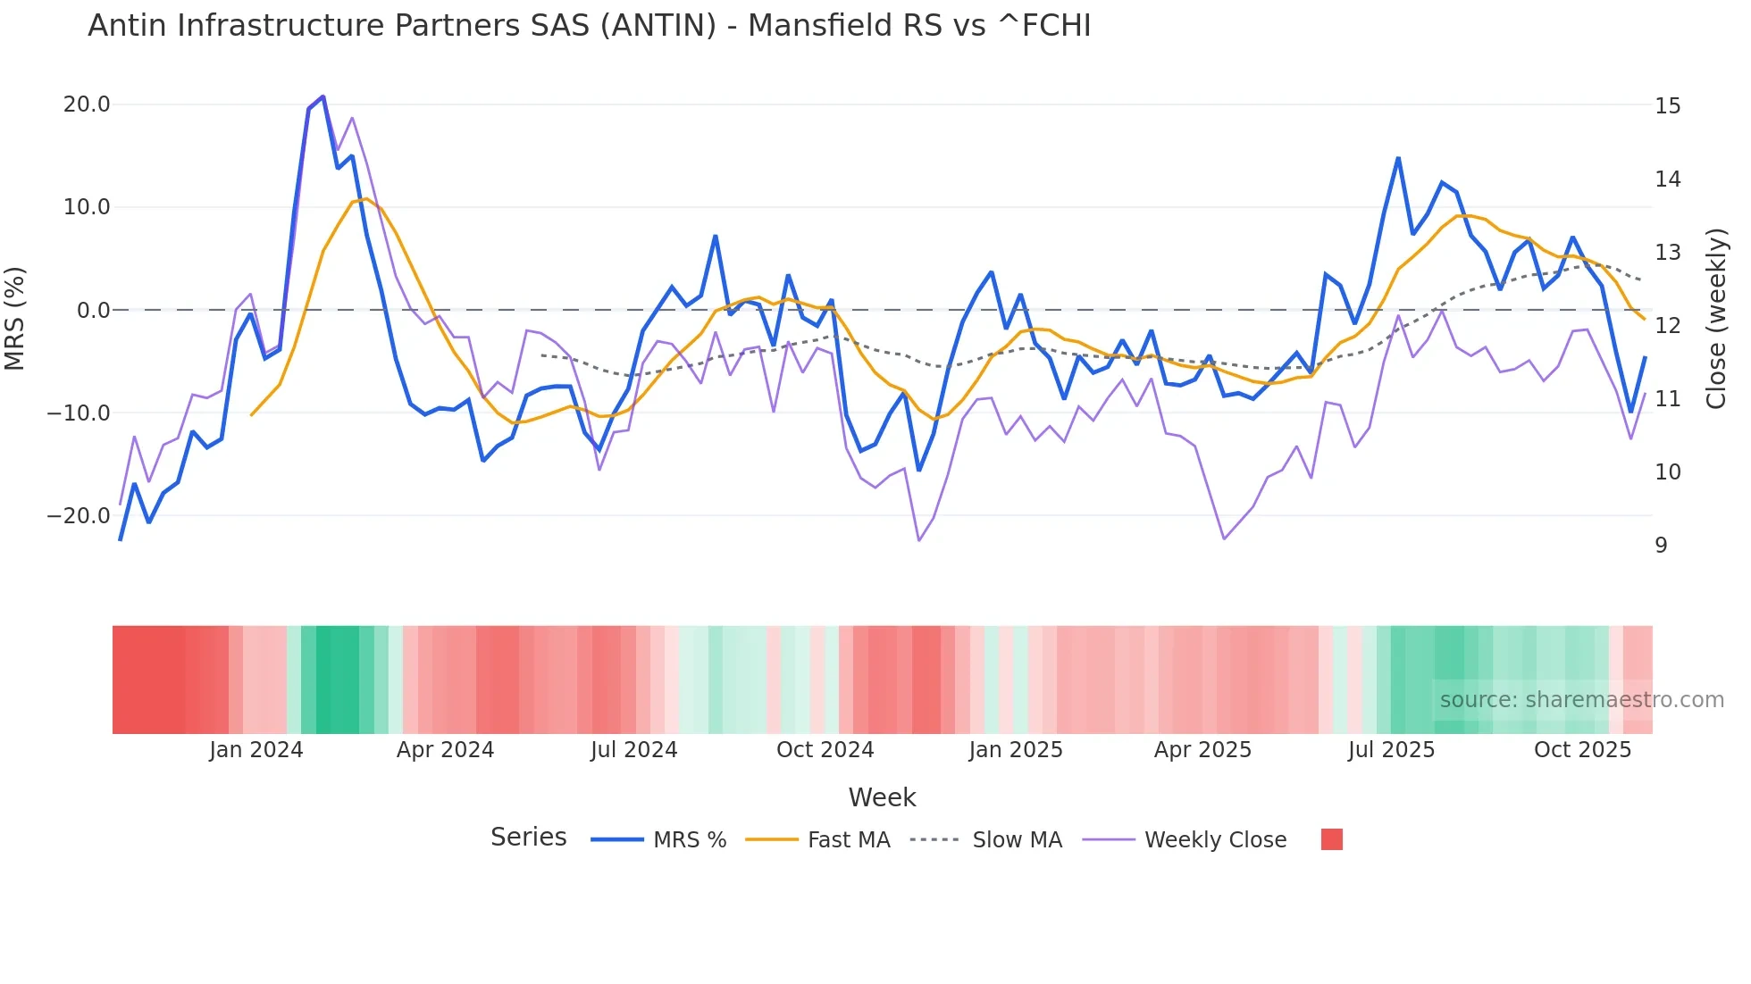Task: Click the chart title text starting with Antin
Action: [589, 26]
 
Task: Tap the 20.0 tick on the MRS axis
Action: [87, 104]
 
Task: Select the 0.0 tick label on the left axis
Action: [94, 311]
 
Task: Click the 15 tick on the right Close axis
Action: [1667, 106]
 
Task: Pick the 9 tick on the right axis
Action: [1661, 546]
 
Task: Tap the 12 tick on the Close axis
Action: [1667, 326]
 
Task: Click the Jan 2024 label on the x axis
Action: [256, 750]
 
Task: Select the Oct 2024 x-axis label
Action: [825, 750]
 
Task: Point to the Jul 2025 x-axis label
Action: [1391, 750]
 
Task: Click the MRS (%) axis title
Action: [15, 319]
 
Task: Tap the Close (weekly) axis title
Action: [1716, 319]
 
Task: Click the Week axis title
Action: [882, 797]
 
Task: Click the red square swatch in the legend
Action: [1331, 839]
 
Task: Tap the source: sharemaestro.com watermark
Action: [1581, 700]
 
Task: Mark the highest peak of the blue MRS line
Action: [323, 96]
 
